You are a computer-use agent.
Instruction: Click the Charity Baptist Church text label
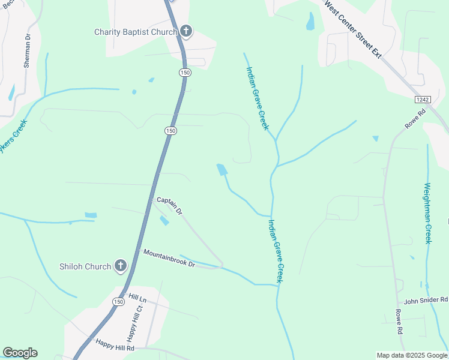pos(136,32)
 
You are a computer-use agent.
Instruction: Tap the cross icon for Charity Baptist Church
pos(186,31)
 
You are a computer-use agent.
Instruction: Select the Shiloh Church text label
pos(85,266)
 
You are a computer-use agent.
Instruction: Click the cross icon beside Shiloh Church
pos(121,266)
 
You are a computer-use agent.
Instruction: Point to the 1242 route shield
pos(423,98)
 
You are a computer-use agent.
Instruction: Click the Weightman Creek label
pos(428,213)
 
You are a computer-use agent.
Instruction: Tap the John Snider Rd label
pos(426,300)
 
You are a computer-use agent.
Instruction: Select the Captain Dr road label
pos(169,205)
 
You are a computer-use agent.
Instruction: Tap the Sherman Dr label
pos(27,51)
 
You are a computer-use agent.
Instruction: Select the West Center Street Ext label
pos(354,28)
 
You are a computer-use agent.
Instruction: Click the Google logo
pos(20,353)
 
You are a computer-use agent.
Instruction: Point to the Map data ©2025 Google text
pos(411,355)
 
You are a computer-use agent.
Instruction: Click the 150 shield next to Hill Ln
pos(119,302)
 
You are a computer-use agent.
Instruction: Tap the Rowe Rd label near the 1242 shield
pos(415,119)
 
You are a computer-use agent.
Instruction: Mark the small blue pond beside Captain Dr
pos(164,220)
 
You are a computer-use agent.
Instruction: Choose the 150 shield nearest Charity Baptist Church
pos(184,72)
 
